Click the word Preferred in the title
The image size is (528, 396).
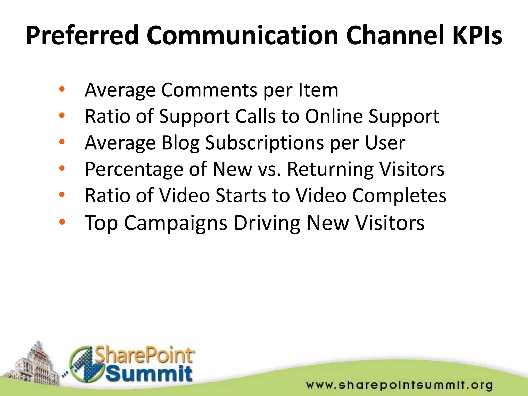82,36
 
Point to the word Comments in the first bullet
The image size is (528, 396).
209,90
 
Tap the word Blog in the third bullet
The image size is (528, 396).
180,143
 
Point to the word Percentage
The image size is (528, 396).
134,170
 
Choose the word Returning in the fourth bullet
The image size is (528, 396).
330,170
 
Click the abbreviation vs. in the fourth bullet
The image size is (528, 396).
269,170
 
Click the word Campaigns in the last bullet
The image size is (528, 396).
176,223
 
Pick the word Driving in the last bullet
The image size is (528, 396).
267,223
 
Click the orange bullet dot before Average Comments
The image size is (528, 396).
62,89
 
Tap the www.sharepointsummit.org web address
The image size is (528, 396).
399,385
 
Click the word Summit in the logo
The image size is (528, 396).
149,373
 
